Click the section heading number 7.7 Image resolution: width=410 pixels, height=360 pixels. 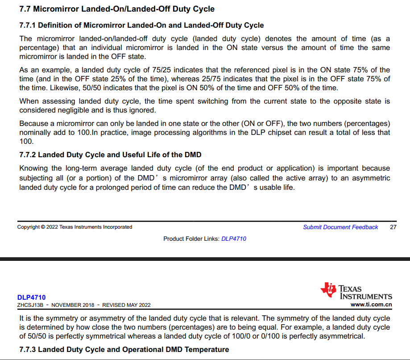click(x=25, y=9)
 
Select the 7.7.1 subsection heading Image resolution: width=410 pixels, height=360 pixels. click(x=141, y=25)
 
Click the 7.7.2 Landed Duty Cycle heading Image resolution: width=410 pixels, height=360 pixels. click(x=110, y=155)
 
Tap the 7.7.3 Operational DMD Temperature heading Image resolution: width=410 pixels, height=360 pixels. click(x=124, y=349)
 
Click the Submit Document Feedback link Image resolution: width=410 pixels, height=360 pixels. click(x=340, y=227)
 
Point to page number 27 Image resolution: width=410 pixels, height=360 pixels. click(x=393, y=227)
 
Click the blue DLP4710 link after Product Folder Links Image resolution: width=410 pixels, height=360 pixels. click(x=234, y=239)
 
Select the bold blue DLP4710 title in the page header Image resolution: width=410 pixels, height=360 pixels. click(x=31, y=297)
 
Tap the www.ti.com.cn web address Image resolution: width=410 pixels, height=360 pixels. click(x=372, y=305)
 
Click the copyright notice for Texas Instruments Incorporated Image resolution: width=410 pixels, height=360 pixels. click(x=75, y=227)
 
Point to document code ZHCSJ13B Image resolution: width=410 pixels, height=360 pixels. click(x=30, y=305)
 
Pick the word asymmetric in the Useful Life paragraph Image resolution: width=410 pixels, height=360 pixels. click(x=370, y=178)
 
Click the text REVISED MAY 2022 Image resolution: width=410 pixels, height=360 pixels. click(x=126, y=305)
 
